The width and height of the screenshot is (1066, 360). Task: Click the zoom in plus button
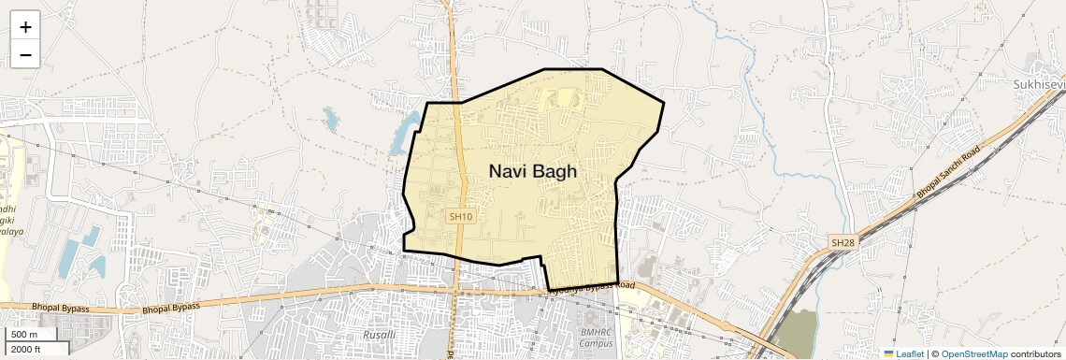[25, 27]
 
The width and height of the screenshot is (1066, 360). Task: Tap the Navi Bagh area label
[533, 171]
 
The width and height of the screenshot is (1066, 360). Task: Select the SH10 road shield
[458, 216]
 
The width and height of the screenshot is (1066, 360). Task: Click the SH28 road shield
[843, 243]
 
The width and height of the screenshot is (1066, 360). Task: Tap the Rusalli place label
[379, 334]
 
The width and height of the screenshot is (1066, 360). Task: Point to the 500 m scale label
[24, 335]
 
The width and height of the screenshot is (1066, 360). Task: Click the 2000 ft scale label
[26, 349]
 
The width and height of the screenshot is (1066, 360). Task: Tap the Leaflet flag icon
[888, 353]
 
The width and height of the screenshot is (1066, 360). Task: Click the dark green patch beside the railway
[796, 333]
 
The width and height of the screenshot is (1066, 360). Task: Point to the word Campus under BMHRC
[596, 343]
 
